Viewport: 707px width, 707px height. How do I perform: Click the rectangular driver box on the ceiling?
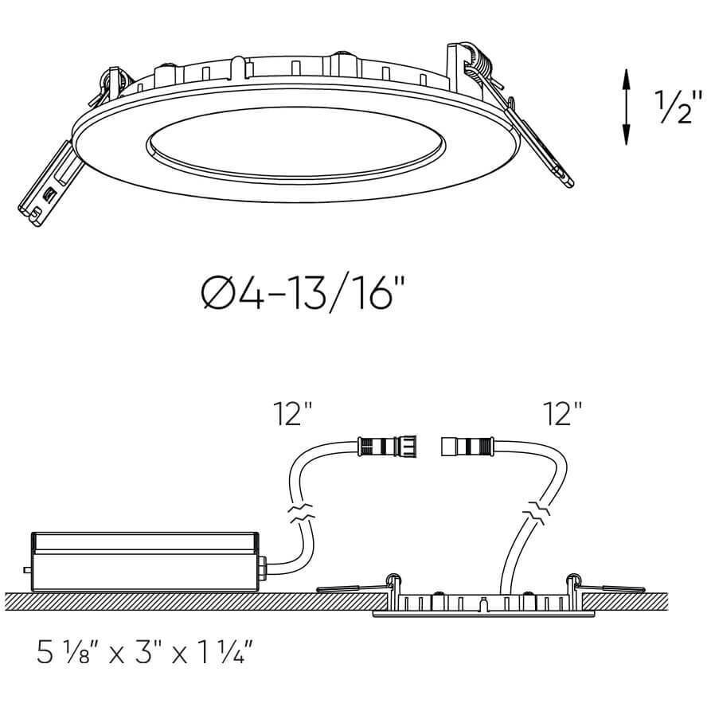(143, 562)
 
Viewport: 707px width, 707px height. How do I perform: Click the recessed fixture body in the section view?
(483, 604)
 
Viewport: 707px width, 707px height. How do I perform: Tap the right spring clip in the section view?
(609, 588)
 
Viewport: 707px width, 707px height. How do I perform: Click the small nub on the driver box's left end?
(28, 569)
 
